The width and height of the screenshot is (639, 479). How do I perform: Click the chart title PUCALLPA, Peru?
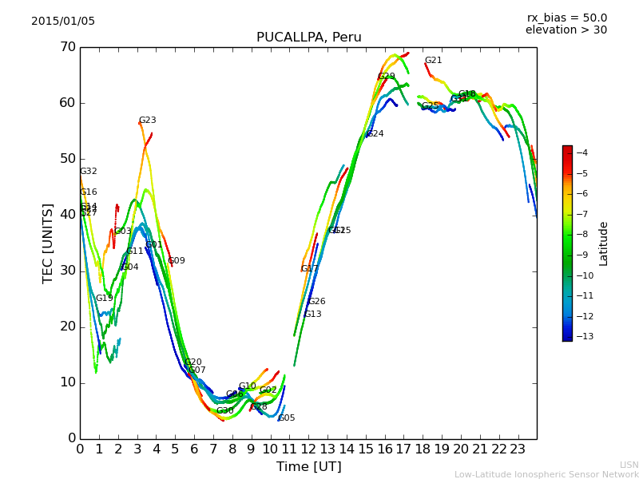[x=308, y=38]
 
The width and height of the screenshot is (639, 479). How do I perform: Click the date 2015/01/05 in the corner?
[x=63, y=21]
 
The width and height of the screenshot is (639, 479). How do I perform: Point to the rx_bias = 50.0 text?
[x=566, y=18]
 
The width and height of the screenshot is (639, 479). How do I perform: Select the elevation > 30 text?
[x=566, y=30]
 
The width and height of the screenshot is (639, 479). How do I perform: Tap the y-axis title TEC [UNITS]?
[x=48, y=243]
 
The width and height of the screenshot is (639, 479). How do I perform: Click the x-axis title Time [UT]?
[x=308, y=467]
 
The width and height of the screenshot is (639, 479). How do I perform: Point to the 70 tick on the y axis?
[x=67, y=47]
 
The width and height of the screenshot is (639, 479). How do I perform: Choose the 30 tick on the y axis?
[x=67, y=271]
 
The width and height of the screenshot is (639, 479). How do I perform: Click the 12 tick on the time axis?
[x=308, y=449]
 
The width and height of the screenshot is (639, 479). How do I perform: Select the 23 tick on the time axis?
[x=518, y=449]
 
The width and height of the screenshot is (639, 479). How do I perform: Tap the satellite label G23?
[x=148, y=121]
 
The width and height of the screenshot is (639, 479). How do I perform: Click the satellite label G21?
[x=433, y=61]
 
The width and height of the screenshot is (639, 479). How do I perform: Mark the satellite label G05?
[x=287, y=418]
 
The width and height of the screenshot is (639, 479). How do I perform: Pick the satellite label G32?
[x=89, y=172]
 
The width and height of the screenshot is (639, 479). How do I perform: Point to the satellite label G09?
[x=177, y=261]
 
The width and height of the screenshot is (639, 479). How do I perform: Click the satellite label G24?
[x=375, y=134]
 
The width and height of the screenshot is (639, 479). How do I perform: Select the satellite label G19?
[x=105, y=299]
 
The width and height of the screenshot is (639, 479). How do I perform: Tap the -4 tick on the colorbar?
[x=582, y=152]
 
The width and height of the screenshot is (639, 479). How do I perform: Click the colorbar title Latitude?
[x=604, y=243]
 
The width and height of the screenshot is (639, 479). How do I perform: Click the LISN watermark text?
[x=629, y=465]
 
